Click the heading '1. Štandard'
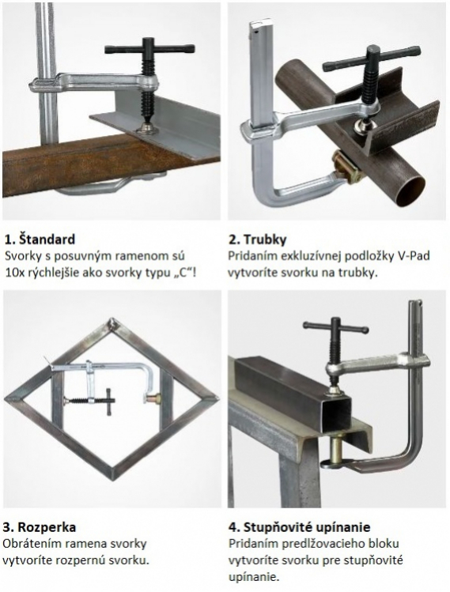[40, 239]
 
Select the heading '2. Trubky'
[258, 239]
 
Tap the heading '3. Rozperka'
[40, 526]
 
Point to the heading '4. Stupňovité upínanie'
[300, 526]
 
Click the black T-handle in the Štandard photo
[149, 49]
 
